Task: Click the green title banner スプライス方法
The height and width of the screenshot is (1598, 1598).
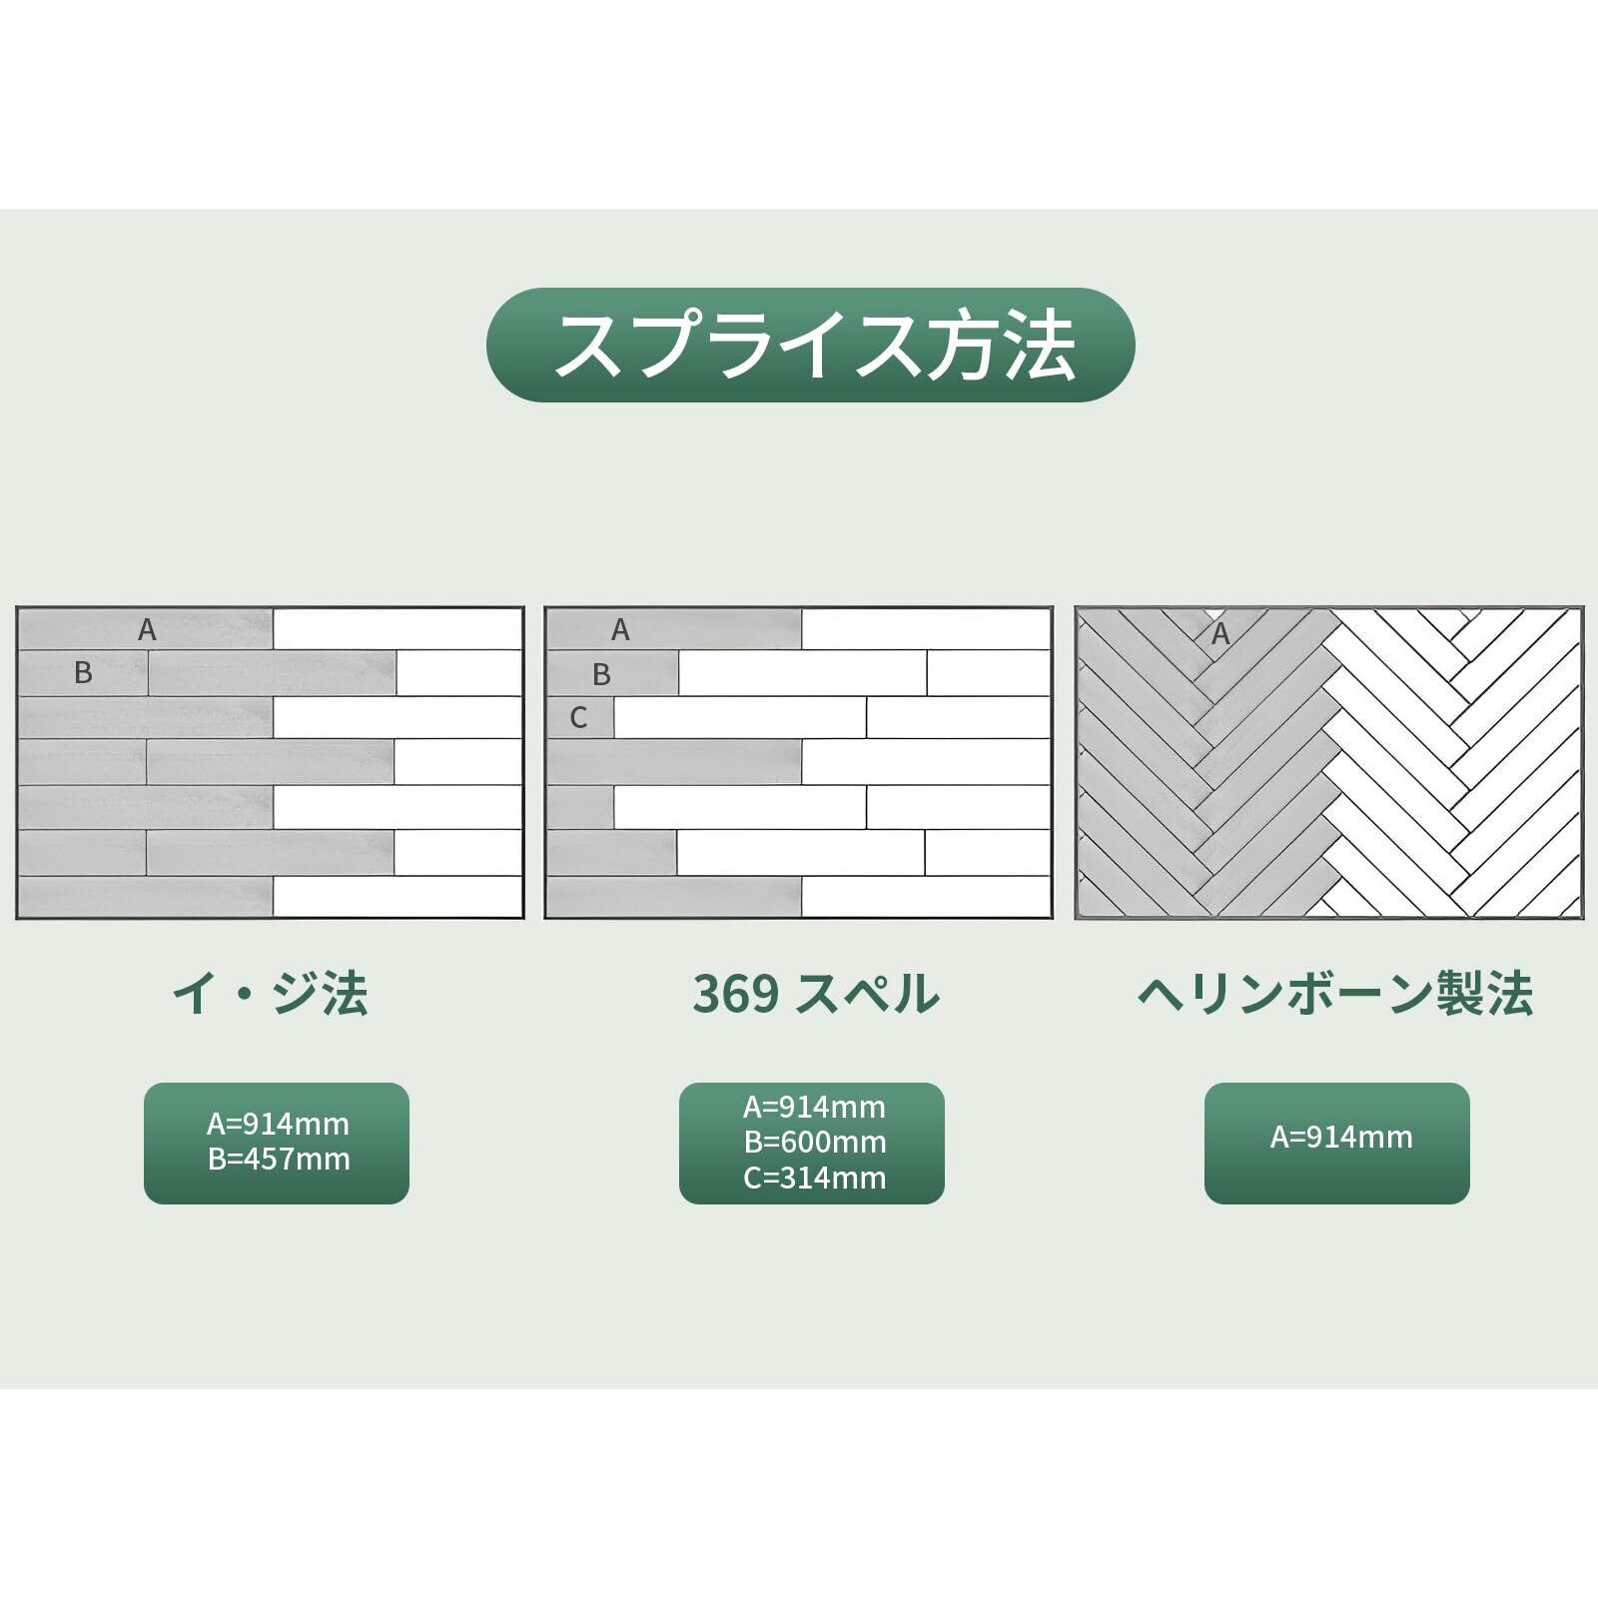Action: [810, 345]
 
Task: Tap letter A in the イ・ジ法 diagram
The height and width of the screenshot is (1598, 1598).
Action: [147, 630]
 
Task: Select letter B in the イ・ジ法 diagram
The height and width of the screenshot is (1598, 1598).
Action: [83, 673]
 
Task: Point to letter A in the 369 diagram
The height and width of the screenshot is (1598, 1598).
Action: [620, 630]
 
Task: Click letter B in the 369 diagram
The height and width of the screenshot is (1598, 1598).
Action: [600, 675]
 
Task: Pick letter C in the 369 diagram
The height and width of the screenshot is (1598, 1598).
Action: [578, 718]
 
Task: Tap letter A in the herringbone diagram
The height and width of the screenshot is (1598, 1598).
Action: [1219, 633]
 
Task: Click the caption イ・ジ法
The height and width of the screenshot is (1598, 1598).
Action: [271, 994]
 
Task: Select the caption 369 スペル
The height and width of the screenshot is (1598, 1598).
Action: [816, 994]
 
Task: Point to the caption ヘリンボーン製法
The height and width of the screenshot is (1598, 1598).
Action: [1335, 994]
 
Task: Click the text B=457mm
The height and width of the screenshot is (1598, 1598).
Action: [279, 1160]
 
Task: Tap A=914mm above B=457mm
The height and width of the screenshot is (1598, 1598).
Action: [278, 1125]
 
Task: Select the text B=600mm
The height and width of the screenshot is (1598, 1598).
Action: [815, 1142]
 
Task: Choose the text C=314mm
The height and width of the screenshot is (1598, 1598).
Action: [815, 1178]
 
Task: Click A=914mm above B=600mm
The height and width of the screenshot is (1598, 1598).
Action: [814, 1107]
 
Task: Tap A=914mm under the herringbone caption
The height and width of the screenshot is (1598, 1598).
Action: [1341, 1137]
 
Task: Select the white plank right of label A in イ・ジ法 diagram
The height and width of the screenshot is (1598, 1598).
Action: [398, 629]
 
